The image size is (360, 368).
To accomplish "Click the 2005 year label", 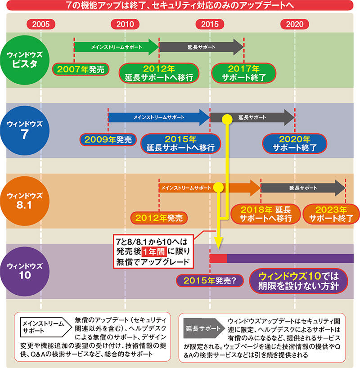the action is pyautogui.click(x=41, y=24).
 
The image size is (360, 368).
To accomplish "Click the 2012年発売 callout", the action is pyautogui.click(x=159, y=218).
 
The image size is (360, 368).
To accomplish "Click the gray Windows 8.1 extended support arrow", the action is pyautogui.click(x=302, y=187).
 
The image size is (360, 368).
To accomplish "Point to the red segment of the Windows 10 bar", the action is pyautogui.click(x=219, y=258).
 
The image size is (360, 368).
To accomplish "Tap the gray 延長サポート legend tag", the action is pyautogui.click(x=202, y=328).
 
